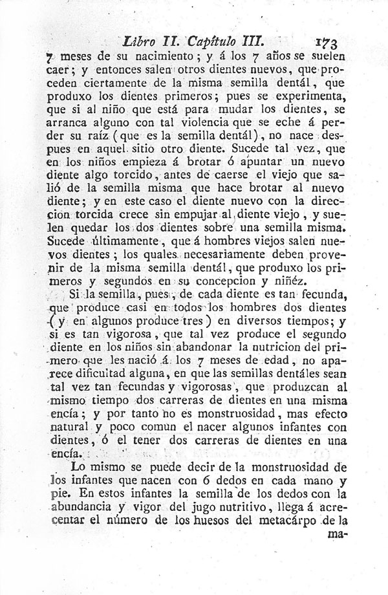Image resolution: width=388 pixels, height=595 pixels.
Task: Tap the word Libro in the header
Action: click(x=141, y=40)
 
